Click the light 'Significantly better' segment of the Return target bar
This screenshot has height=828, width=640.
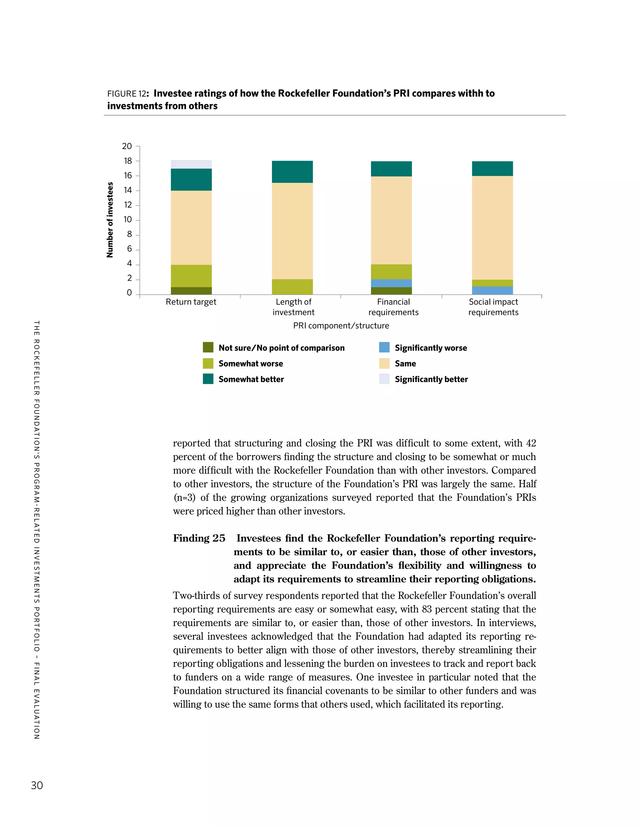(191, 164)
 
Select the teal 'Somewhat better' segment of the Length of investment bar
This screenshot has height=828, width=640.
(292, 172)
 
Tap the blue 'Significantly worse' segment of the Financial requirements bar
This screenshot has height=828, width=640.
(391, 283)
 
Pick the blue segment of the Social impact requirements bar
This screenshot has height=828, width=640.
(492, 290)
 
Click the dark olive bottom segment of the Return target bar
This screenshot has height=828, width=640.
(191, 291)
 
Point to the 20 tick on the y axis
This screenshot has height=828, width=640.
(127, 146)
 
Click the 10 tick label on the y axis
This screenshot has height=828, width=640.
(127, 220)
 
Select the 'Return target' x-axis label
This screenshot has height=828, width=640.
(191, 302)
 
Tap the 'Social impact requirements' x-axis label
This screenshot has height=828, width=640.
(493, 307)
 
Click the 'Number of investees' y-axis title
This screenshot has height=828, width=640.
(110, 220)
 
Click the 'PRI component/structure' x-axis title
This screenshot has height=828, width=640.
(341, 326)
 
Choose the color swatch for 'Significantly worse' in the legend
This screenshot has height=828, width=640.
(384, 347)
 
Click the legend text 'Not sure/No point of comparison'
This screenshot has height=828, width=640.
(281, 348)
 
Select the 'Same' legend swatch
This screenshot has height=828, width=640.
(384, 363)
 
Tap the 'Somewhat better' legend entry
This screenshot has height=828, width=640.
(251, 379)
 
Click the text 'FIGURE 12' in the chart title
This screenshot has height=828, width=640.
(126, 94)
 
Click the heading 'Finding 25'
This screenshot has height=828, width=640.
(199, 538)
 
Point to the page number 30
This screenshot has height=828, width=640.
(37, 785)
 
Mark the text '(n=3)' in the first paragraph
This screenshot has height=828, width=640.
(184, 497)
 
